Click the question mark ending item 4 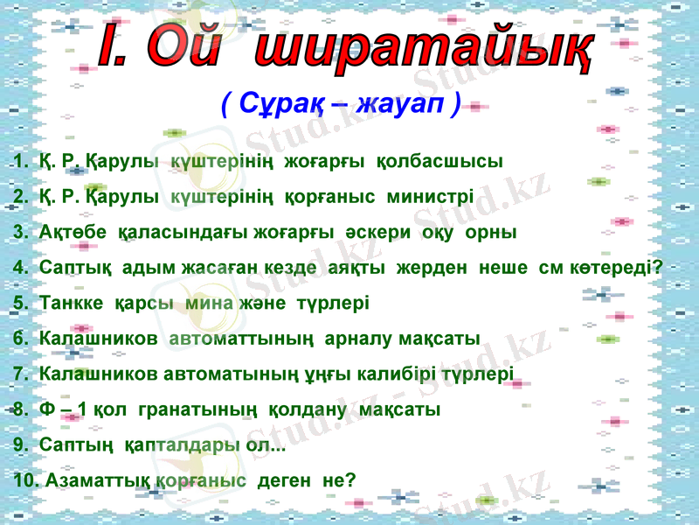pyautogui.click(x=655, y=267)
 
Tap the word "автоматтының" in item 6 pyautogui.click(x=233, y=339)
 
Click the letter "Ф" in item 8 pyautogui.click(x=47, y=409)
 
